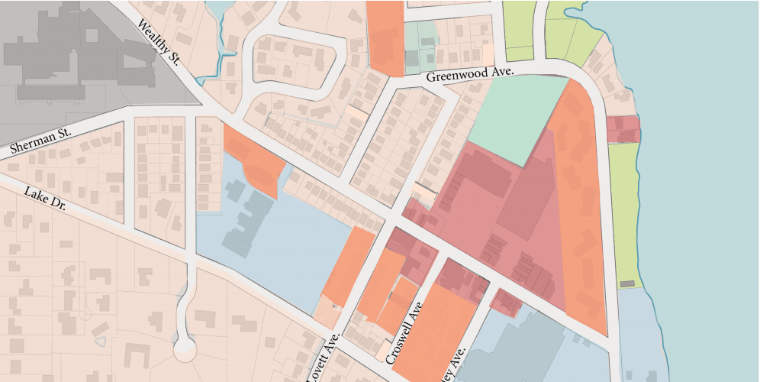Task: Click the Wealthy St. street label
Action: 157,42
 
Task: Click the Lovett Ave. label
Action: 321,358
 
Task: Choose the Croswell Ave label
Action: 404,334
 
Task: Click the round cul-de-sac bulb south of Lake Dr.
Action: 184,349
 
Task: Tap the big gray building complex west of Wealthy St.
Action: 76,53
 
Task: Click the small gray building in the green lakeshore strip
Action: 627,283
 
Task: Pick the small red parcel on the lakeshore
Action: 623,128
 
